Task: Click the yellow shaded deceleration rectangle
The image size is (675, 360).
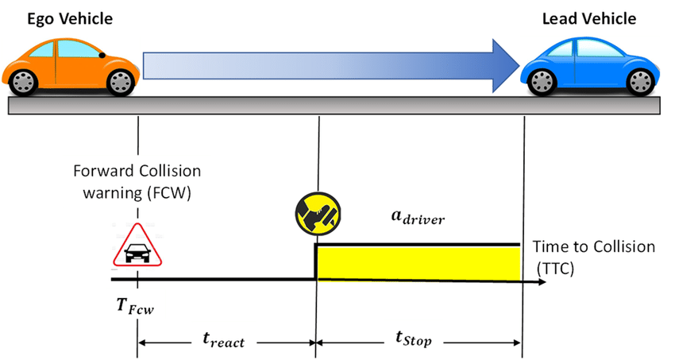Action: click(x=418, y=262)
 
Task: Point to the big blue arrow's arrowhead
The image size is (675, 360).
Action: click(x=500, y=65)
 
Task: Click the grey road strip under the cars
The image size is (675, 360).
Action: click(x=334, y=104)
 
